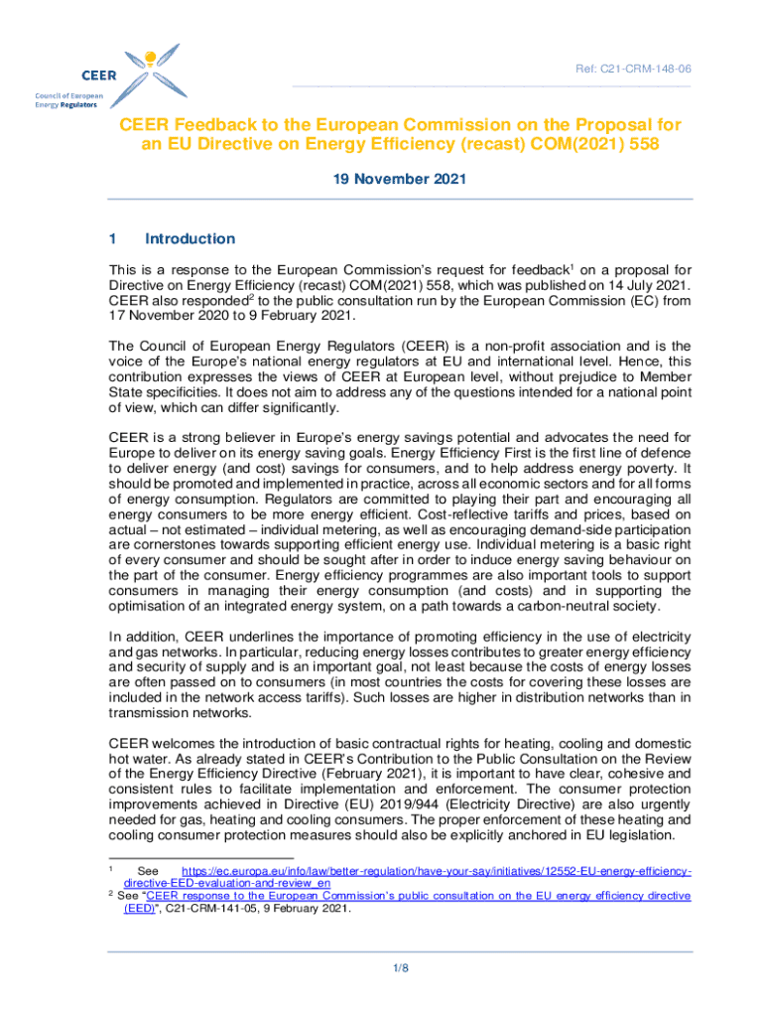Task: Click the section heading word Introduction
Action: click(190, 238)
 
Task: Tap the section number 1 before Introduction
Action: click(113, 238)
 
